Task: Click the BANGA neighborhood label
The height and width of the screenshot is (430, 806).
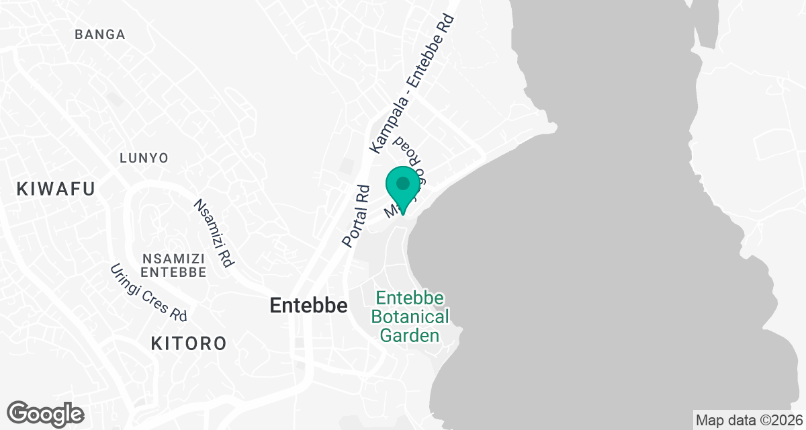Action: (x=100, y=34)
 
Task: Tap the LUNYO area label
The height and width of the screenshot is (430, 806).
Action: (x=144, y=158)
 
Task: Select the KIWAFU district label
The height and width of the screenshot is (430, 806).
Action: (x=56, y=189)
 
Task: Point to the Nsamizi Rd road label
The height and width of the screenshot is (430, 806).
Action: (x=213, y=233)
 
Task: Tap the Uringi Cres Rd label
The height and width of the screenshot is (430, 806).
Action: (x=148, y=292)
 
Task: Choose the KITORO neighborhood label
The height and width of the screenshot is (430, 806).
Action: (x=188, y=344)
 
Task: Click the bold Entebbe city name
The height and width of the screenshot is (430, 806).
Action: (x=308, y=306)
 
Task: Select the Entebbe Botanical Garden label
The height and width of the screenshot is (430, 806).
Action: (x=411, y=316)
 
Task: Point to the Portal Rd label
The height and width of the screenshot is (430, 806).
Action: (x=355, y=216)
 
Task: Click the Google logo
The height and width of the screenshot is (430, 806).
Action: (x=46, y=414)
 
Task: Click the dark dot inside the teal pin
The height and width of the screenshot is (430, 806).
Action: (x=402, y=183)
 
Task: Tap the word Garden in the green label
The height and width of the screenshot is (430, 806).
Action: (x=411, y=335)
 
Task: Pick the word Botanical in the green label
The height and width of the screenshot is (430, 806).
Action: (x=411, y=316)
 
